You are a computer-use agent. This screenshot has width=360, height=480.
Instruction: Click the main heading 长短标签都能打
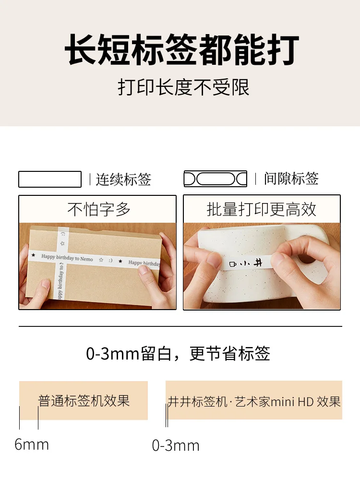point(182,49)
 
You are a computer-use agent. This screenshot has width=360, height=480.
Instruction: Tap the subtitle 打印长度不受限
point(183,87)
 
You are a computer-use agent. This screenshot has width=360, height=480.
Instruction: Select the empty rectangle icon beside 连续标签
point(50,179)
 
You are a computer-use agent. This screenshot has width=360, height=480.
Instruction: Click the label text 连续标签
point(123,179)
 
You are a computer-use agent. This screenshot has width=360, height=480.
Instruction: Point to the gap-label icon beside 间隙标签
point(215,179)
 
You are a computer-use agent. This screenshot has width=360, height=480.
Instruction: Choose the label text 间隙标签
point(291,179)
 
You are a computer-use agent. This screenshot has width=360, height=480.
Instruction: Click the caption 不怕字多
point(99,209)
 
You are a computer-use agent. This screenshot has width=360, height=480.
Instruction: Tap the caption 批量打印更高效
point(262,209)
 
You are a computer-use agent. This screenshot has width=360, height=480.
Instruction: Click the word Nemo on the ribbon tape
point(86,259)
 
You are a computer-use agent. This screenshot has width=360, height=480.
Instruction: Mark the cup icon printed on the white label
point(233,264)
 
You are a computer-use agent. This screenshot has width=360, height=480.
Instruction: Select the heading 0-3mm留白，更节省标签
point(178,354)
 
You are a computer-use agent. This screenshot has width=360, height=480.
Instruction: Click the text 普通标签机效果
point(84,401)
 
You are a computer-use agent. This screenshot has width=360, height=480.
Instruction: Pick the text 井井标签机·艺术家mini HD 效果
point(254,402)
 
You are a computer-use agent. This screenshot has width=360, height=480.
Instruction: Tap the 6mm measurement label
point(32,445)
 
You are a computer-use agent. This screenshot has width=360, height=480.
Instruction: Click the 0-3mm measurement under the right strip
point(176,446)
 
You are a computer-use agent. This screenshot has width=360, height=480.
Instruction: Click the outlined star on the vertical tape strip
point(62,244)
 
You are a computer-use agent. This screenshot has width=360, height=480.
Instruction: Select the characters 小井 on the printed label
point(252,263)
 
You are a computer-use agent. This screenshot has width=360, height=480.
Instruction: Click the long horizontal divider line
point(180,326)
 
